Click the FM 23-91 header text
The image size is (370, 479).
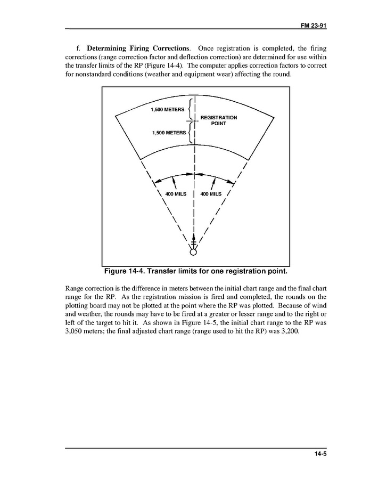pyautogui.click(x=313, y=25)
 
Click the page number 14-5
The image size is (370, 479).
pyautogui.click(x=318, y=454)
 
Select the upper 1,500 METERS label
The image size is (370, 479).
pyautogui.click(x=167, y=109)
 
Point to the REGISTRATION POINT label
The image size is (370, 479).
pyautogui.click(x=218, y=120)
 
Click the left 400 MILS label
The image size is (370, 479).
pyautogui.click(x=176, y=194)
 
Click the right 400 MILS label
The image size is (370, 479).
pyautogui.click(x=211, y=194)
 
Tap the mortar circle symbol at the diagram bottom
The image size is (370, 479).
pyautogui.click(x=193, y=253)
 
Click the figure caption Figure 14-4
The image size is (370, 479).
pyautogui.click(x=195, y=271)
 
